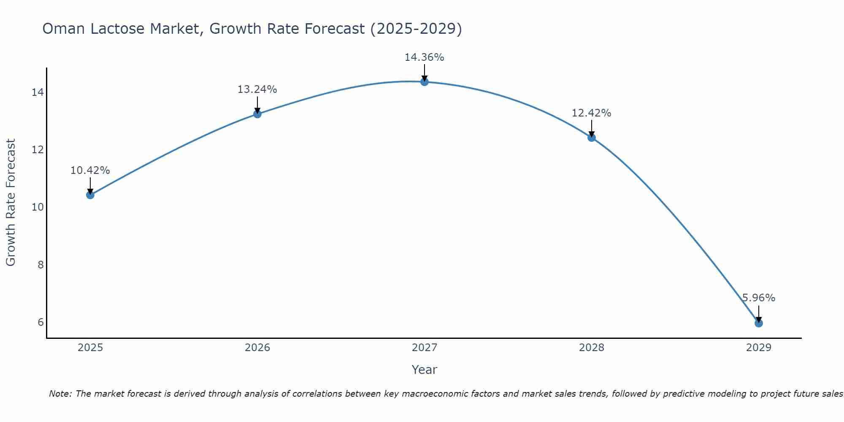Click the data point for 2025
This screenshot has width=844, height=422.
tap(90, 195)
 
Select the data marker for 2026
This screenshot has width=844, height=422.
tap(257, 114)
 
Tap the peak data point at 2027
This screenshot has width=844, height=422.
tap(425, 82)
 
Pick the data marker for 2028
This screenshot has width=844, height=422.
tap(592, 138)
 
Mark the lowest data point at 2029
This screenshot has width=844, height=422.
tap(759, 323)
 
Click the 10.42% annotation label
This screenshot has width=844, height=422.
tap(90, 170)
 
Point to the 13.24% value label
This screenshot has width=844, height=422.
tap(257, 89)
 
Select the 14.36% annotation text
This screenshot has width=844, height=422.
tap(424, 57)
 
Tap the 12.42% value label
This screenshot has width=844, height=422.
tap(591, 113)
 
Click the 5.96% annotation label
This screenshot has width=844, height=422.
tap(758, 298)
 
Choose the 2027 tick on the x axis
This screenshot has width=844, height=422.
tap(425, 348)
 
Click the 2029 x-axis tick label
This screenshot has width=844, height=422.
tap(759, 348)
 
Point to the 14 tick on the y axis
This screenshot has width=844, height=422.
tap(38, 92)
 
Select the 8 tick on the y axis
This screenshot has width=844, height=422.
tap(41, 265)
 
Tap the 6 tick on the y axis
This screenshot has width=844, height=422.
tap(41, 322)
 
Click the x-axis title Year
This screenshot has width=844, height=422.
tap(424, 370)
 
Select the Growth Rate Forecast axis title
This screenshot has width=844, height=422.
tap(11, 203)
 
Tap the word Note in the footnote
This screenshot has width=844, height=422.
tap(60, 394)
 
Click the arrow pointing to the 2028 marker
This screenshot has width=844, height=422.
tap(592, 128)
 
